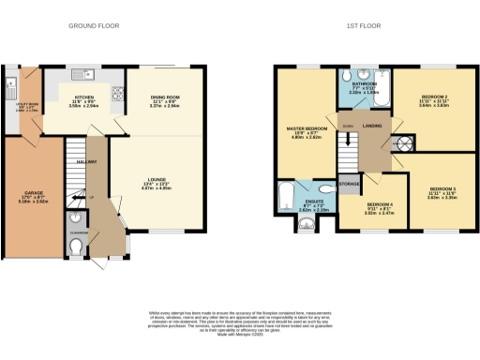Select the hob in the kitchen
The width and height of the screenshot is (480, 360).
click(x=120, y=91)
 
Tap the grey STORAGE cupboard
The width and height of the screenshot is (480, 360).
click(x=350, y=184)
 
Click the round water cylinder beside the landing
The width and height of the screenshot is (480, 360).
click(x=405, y=144)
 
